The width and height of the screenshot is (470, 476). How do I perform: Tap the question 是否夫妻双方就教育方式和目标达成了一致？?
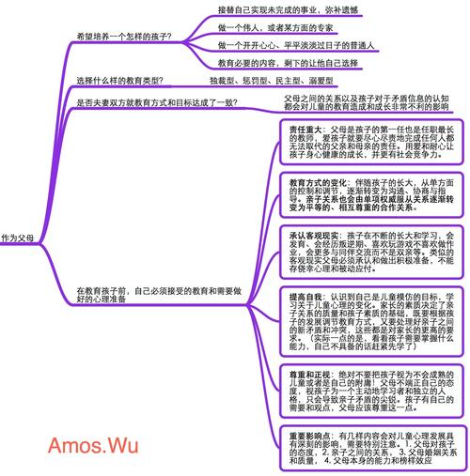[156, 102]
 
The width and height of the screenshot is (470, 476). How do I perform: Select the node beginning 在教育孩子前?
[150, 295]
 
